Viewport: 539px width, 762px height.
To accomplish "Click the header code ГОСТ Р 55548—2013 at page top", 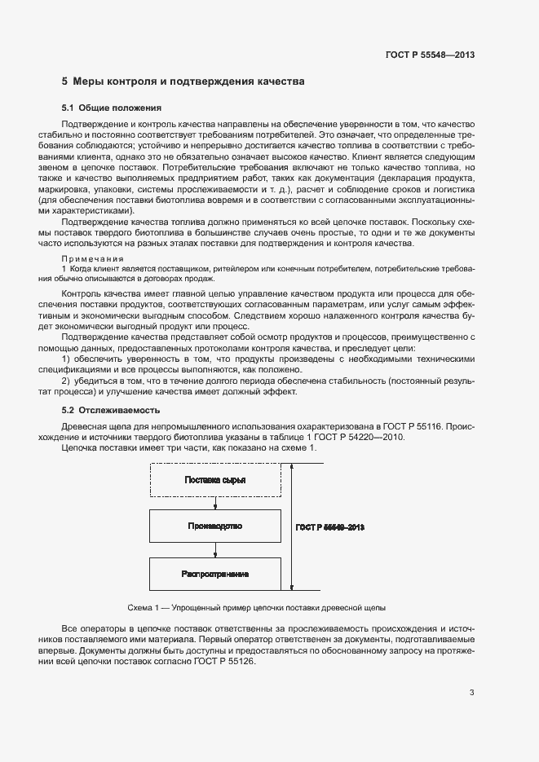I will coord(430,55).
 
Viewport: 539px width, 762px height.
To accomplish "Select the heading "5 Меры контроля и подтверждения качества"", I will coord(183,81).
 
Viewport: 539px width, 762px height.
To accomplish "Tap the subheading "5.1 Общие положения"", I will coord(112,108).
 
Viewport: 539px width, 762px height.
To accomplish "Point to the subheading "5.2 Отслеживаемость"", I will coord(111,410).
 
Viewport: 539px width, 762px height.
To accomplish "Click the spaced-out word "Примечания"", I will coord(92,258).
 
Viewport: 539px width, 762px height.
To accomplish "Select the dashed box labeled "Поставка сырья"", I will coord(215,479).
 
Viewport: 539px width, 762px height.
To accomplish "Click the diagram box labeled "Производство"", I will coord(215,526).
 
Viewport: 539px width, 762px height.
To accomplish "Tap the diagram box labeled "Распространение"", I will coord(215,575).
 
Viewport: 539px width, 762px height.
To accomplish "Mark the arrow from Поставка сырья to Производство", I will coord(215,504).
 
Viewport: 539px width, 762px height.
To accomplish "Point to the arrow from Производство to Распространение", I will coord(215,551).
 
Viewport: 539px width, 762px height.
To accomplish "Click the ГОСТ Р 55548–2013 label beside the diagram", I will coord(329,527).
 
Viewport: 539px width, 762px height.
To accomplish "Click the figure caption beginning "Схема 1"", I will coord(257,608).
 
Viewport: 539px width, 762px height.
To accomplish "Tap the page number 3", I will coord(471,693).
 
